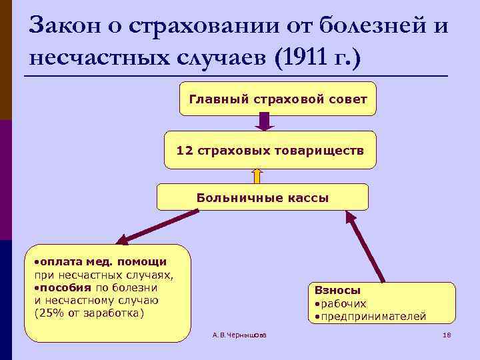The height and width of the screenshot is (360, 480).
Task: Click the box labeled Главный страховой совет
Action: pyautogui.click(x=278, y=99)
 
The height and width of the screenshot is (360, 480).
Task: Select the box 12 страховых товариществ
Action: pyautogui.click(x=270, y=150)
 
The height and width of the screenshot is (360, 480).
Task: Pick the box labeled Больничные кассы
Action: pyautogui.click(x=262, y=197)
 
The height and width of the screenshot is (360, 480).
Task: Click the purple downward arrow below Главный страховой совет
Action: pyautogui.click(x=265, y=122)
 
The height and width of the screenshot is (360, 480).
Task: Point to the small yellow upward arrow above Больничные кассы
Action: pyautogui.click(x=258, y=175)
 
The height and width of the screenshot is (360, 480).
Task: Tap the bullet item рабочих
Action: pyautogui.click(x=340, y=303)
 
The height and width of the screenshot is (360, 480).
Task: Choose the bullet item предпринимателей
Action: pyautogui.click(x=370, y=316)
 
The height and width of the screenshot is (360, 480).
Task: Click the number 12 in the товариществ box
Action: pyautogui.click(x=183, y=150)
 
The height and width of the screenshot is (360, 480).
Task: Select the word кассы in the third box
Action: pyautogui.click(x=309, y=197)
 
